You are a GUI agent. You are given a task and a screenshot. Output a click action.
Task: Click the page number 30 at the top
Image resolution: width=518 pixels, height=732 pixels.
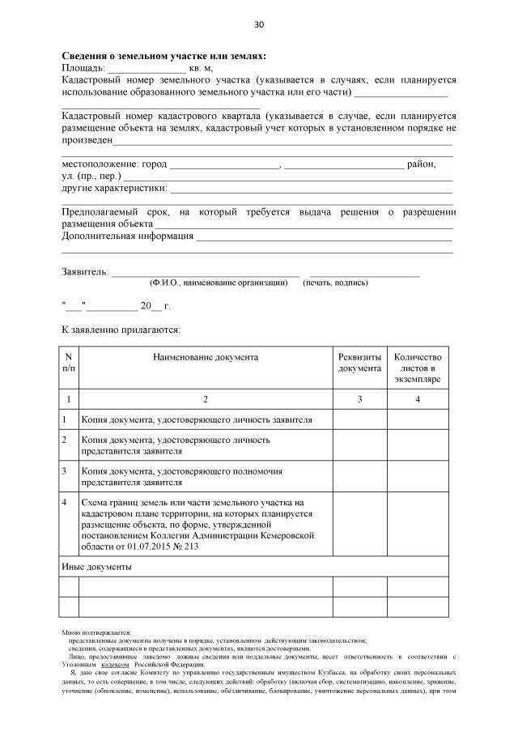[x=259, y=24]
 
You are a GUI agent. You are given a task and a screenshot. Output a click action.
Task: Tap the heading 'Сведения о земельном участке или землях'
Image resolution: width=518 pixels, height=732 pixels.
[x=163, y=56]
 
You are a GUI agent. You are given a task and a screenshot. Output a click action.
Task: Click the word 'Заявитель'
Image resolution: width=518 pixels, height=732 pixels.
[x=84, y=271]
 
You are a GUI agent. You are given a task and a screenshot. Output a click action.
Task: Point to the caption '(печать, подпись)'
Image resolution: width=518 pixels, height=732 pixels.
[x=335, y=283]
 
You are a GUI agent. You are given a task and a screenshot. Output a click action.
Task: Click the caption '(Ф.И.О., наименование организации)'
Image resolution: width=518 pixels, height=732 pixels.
[x=219, y=283]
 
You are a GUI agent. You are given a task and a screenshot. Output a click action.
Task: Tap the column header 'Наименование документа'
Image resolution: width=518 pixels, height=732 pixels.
[x=206, y=357]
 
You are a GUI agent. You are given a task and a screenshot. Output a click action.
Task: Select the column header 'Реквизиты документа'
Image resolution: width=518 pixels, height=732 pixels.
[x=359, y=362]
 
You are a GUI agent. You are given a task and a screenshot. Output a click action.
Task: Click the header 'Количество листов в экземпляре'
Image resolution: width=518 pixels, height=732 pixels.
[x=417, y=368]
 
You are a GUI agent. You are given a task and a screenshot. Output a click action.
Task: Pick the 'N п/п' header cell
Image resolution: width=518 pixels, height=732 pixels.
[x=69, y=362]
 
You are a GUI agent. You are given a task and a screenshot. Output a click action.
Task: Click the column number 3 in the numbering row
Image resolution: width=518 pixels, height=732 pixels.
[x=359, y=398]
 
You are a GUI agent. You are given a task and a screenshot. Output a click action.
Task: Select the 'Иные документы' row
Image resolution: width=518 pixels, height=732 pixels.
[x=97, y=567]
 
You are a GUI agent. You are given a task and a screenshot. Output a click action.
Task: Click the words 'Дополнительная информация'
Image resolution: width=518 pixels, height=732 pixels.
[x=128, y=236]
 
